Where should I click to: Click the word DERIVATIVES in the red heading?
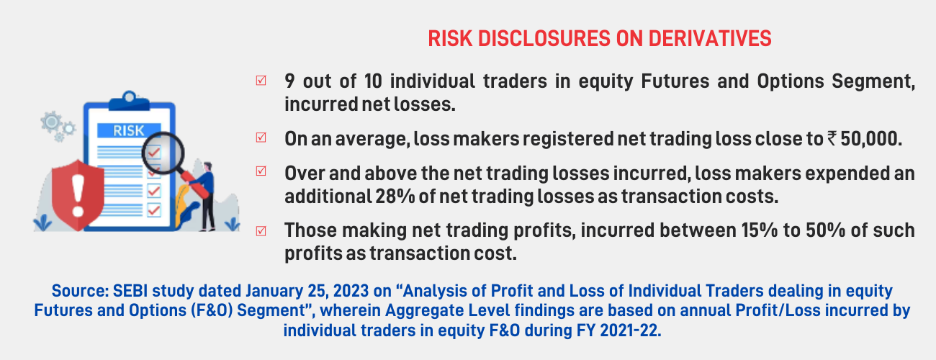click(709, 39)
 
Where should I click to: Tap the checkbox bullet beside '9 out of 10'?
click(261, 80)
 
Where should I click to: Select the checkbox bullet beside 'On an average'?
click(261, 138)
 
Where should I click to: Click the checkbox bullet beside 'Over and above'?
click(261, 171)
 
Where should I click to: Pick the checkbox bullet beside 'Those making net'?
click(261, 231)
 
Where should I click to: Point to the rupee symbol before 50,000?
click(831, 139)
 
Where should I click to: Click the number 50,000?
click(870, 139)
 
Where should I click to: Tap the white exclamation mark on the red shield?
click(78, 196)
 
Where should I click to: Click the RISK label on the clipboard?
click(129, 131)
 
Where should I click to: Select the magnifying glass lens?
click(163, 153)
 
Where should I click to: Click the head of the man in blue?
click(207, 166)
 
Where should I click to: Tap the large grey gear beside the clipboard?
click(51, 122)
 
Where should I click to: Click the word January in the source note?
click(274, 291)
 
